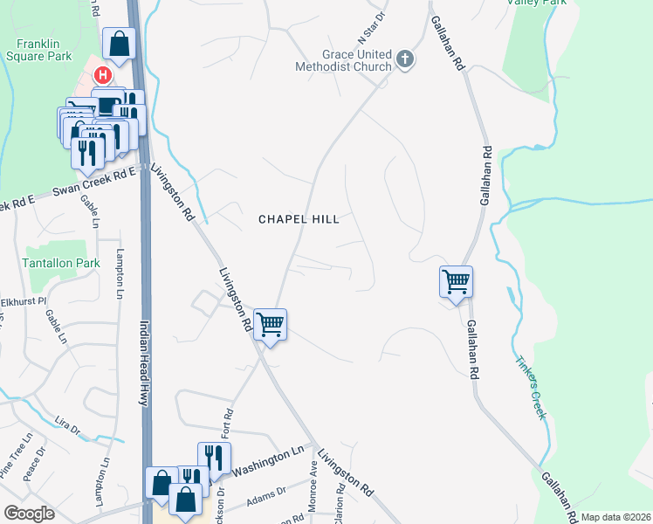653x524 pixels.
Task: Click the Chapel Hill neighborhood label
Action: point(299,219)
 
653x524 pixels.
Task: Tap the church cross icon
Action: point(404,59)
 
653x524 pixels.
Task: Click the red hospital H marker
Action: point(103,76)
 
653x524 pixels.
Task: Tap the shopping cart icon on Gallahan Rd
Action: point(456,282)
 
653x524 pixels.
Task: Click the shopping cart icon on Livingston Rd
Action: point(271,324)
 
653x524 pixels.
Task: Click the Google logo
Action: point(28,514)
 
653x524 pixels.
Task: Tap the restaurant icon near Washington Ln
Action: point(213,457)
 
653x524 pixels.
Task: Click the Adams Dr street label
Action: point(266,496)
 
